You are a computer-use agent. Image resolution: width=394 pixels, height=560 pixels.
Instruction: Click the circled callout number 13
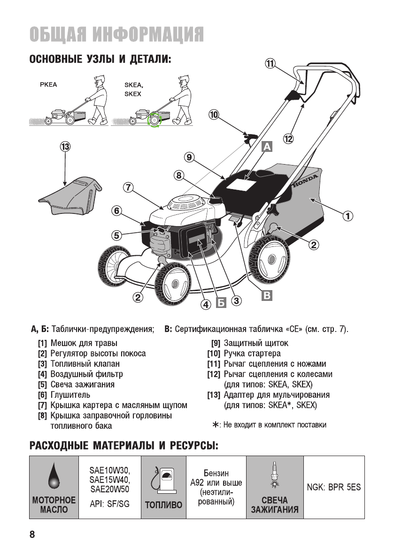65,147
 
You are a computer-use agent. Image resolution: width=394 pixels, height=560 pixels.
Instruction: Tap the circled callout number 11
270,64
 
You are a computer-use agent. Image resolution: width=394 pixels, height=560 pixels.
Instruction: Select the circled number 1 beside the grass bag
348,216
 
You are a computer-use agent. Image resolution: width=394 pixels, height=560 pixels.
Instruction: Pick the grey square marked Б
221,303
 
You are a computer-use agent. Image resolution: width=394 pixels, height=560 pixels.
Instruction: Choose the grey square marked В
266,295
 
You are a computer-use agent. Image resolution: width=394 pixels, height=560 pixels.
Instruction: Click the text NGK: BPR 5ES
334,487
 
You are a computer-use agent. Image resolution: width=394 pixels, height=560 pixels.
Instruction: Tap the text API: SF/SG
109,504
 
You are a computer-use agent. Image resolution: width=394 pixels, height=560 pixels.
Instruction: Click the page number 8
32,534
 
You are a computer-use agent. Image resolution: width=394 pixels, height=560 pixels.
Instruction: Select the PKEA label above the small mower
48,85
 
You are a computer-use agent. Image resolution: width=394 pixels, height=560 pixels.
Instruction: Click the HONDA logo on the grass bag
305,181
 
